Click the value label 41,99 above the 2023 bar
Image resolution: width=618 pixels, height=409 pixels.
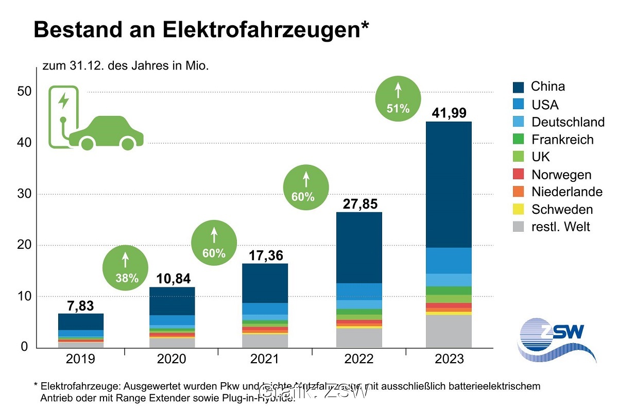coord(449,113)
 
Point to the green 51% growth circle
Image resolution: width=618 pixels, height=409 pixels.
coord(398,99)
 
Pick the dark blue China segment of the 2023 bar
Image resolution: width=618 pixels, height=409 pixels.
coord(449,184)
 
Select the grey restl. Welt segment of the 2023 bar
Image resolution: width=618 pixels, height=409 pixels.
coord(449,331)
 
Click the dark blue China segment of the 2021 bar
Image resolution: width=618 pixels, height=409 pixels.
coord(265,283)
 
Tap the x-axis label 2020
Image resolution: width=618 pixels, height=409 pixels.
coord(171,359)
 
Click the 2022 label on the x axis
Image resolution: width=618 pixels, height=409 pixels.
coord(358,359)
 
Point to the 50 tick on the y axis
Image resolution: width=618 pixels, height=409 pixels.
coord(22,92)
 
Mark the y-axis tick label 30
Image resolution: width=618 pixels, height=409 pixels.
coord(22,194)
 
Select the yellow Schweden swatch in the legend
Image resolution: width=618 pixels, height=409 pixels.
coord(519,210)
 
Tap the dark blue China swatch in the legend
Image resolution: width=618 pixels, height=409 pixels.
coord(519,87)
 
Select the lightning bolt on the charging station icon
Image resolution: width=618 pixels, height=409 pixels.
coord(63,100)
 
